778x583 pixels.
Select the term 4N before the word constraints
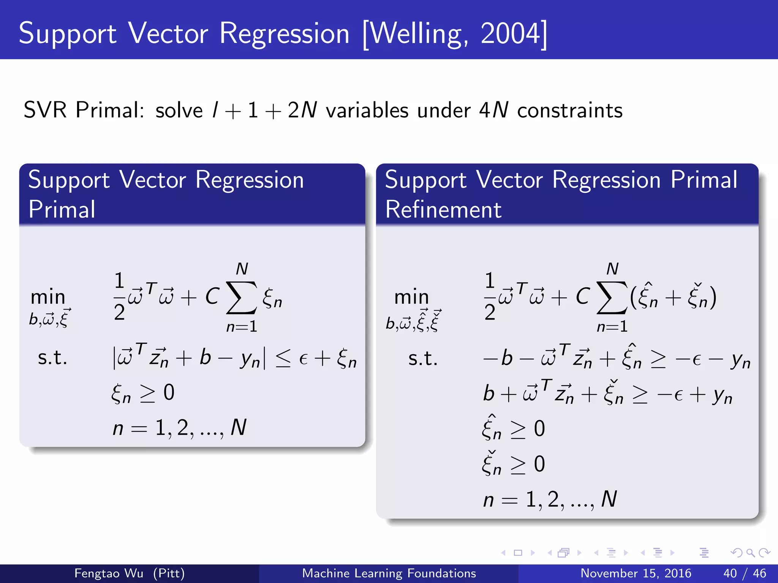(493, 110)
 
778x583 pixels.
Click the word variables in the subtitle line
(367, 110)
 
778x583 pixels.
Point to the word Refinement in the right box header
(443, 210)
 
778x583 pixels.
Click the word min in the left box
(48, 297)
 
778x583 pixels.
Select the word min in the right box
(412, 297)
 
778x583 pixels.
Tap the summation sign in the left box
(242, 298)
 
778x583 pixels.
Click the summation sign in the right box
(612, 298)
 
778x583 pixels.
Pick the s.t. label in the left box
(52, 358)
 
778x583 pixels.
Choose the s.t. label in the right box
(423, 358)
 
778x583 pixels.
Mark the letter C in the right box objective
(582, 296)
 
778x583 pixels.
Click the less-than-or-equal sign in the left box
(283, 358)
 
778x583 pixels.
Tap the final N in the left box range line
(239, 427)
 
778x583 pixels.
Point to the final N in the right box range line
(609, 499)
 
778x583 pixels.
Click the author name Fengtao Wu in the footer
(109, 573)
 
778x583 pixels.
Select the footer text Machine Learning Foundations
(389, 573)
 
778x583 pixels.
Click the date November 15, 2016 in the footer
(636, 573)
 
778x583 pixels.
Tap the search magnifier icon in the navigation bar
(750, 553)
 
